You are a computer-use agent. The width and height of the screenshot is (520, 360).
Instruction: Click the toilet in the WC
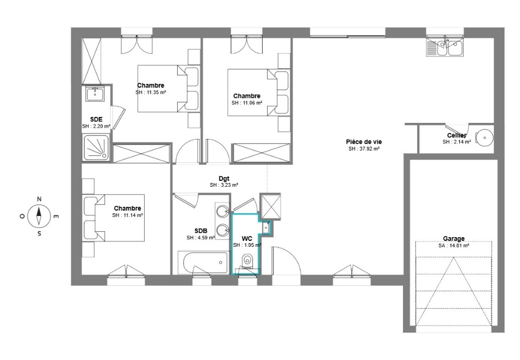pyautogui.click(x=247, y=261)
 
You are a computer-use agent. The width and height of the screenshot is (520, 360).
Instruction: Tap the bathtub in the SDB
pyautogui.click(x=204, y=263)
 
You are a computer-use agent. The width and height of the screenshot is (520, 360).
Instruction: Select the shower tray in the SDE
pyautogui.click(x=95, y=147)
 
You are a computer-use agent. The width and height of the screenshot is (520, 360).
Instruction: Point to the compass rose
pyautogui.click(x=39, y=216)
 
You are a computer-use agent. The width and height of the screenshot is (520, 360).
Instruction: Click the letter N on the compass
pyautogui.click(x=39, y=199)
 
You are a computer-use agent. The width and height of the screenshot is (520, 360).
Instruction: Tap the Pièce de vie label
pyautogui.click(x=364, y=142)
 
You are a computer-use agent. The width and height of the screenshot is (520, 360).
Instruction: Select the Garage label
pyautogui.click(x=454, y=239)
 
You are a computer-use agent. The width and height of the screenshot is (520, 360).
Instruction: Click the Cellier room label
pyautogui.click(x=457, y=135)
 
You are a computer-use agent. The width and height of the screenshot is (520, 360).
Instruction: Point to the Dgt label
pyautogui.click(x=224, y=179)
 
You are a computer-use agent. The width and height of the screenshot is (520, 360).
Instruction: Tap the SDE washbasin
pyautogui.click(x=95, y=94)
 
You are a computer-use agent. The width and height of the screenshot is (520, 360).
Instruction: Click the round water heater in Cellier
pyautogui.click(x=484, y=138)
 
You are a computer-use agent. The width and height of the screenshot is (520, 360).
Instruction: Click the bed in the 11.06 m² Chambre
pyautogui.click(x=258, y=93)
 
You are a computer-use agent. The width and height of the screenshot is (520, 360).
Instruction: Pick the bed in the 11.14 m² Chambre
pyautogui.click(x=114, y=218)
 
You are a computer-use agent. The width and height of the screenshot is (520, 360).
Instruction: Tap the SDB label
pyautogui.click(x=200, y=231)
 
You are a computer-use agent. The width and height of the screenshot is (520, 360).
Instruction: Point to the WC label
pyautogui.click(x=247, y=239)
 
